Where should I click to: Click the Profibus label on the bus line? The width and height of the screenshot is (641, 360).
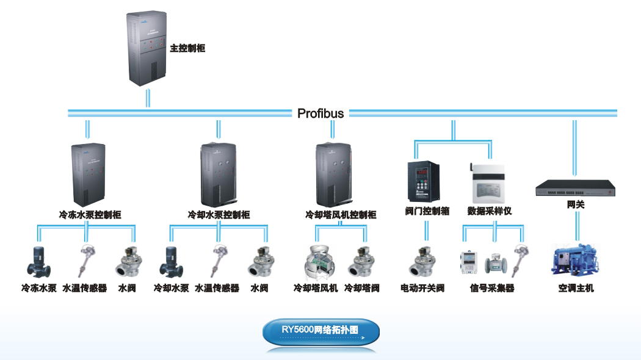coord(320,113)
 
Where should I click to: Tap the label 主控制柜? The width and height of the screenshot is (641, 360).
coord(187,48)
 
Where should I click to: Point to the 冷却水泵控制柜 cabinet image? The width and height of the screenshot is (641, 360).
coord(218,175)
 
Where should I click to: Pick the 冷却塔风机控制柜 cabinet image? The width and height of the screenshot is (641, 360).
coord(333,175)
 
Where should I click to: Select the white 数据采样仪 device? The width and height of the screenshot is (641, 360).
coord(488,183)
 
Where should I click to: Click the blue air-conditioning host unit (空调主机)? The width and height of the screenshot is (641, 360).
coord(575,261)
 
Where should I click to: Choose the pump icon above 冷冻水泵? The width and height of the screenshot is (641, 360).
coord(39,262)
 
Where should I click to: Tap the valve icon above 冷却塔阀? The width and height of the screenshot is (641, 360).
coord(362,262)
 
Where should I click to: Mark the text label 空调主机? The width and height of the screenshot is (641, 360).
coord(575,288)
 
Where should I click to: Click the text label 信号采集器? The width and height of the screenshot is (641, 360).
coord(492,288)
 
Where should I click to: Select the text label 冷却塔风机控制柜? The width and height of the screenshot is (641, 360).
coord(341,215)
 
